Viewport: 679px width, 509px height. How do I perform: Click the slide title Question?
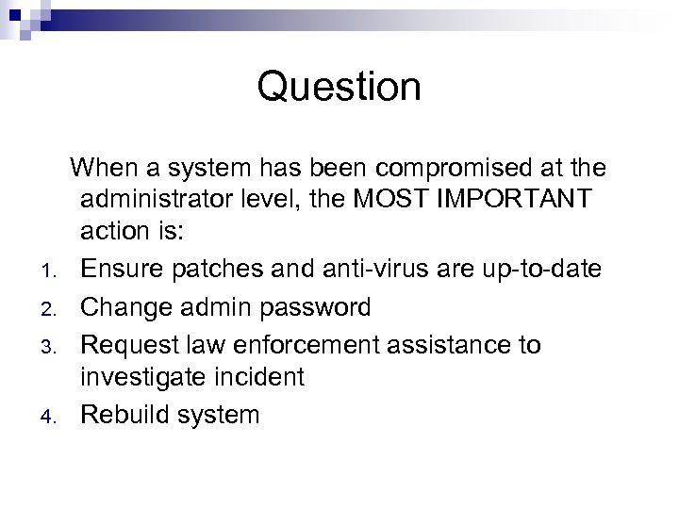(x=339, y=88)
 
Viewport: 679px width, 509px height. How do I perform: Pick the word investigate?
(x=142, y=378)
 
